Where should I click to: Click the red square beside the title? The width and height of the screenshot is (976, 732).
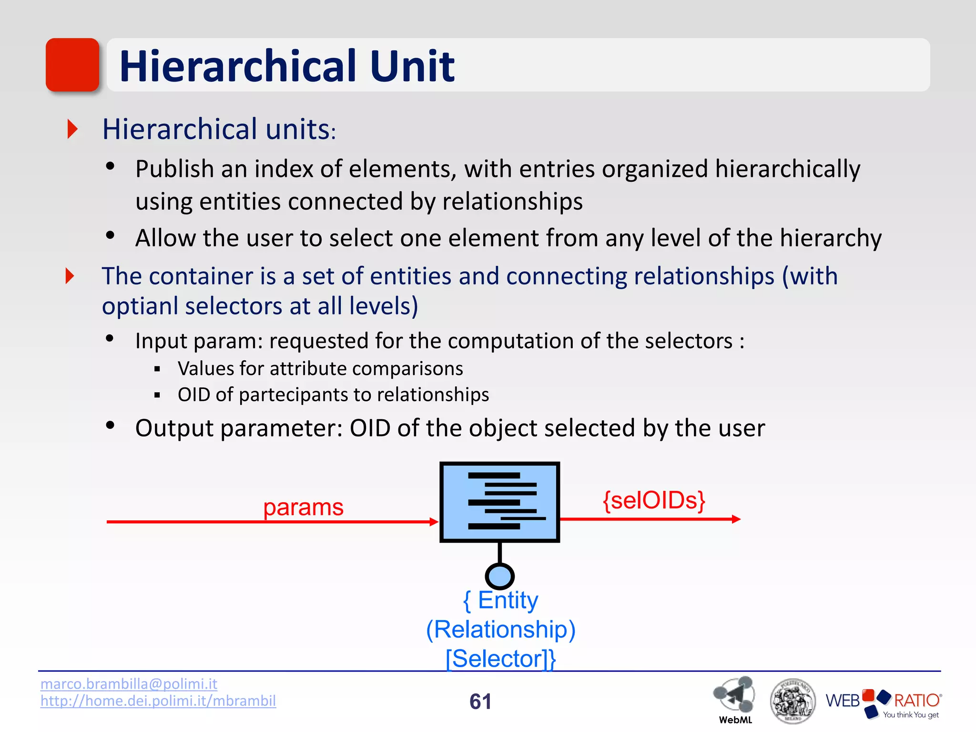pos(72,65)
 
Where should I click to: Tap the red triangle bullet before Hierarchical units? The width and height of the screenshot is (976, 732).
pos(72,129)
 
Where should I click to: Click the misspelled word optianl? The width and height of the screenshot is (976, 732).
pos(140,306)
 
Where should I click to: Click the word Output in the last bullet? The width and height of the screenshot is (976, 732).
pos(174,428)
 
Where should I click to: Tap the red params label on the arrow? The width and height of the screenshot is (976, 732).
pos(303,507)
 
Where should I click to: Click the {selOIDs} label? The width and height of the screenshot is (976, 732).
pos(654,500)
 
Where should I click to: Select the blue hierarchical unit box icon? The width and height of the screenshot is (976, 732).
pos(499,502)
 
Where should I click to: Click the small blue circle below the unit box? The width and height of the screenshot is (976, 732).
pos(499,576)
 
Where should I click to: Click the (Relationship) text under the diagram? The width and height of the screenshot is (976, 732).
pos(500,630)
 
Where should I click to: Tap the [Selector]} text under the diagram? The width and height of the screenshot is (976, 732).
pos(500,659)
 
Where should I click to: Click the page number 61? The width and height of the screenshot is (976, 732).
pos(480,701)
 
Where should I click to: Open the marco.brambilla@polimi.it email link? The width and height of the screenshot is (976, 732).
pos(129,684)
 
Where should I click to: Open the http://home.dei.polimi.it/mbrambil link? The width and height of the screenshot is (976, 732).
pos(158,701)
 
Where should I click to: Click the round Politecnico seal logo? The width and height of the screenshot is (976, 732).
pos(793,701)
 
